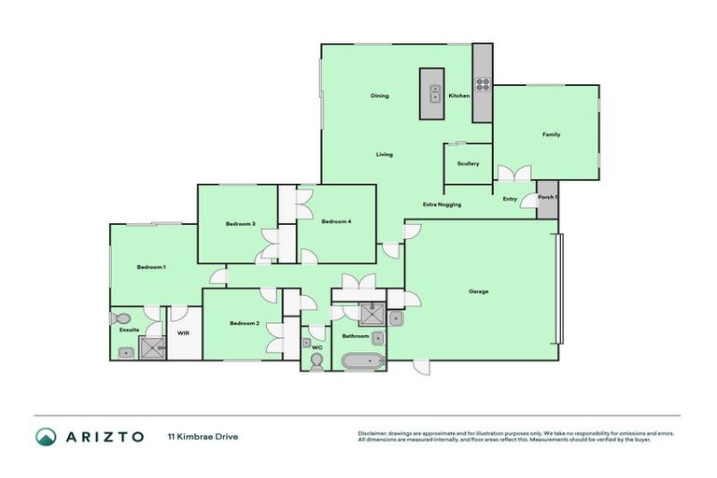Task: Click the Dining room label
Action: pyautogui.click(x=379, y=96)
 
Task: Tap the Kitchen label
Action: pyautogui.click(x=458, y=96)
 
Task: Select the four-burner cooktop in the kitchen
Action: pyautogui.click(x=483, y=84)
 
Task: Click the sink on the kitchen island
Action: pyautogui.click(x=434, y=92)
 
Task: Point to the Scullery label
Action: pyautogui.click(x=468, y=163)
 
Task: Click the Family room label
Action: pyautogui.click(x=551, y=134)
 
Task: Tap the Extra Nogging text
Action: pyautogui.click(x=442, y=204)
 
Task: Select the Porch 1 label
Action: pyautogui.click(x=548, y=198)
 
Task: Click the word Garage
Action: pyautogui.click(x=478, y=291)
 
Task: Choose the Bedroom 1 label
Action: pyautogui.click(x=151, y=268)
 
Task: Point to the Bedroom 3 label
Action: pyautogui.click(x=240, y=223)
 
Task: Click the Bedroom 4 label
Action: pyautogui.click(x=336, y=221)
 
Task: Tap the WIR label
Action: pyautogui.click(x=183, y=332)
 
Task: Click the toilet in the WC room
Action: pyautogui.click(x=316, y=364)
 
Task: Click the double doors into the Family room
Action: pyautogui.click(x=513, y=175)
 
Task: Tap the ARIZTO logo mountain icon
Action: pyautogui.click(x=47, y=436)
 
